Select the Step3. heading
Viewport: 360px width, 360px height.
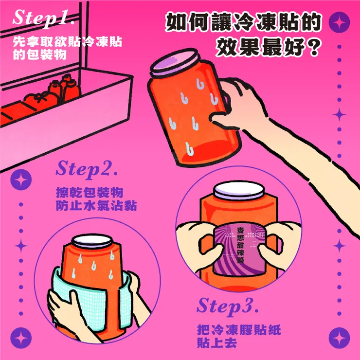tap(227, 306)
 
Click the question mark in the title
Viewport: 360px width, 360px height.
tap(314, 47)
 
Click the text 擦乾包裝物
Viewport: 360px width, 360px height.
tap(89, 191)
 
